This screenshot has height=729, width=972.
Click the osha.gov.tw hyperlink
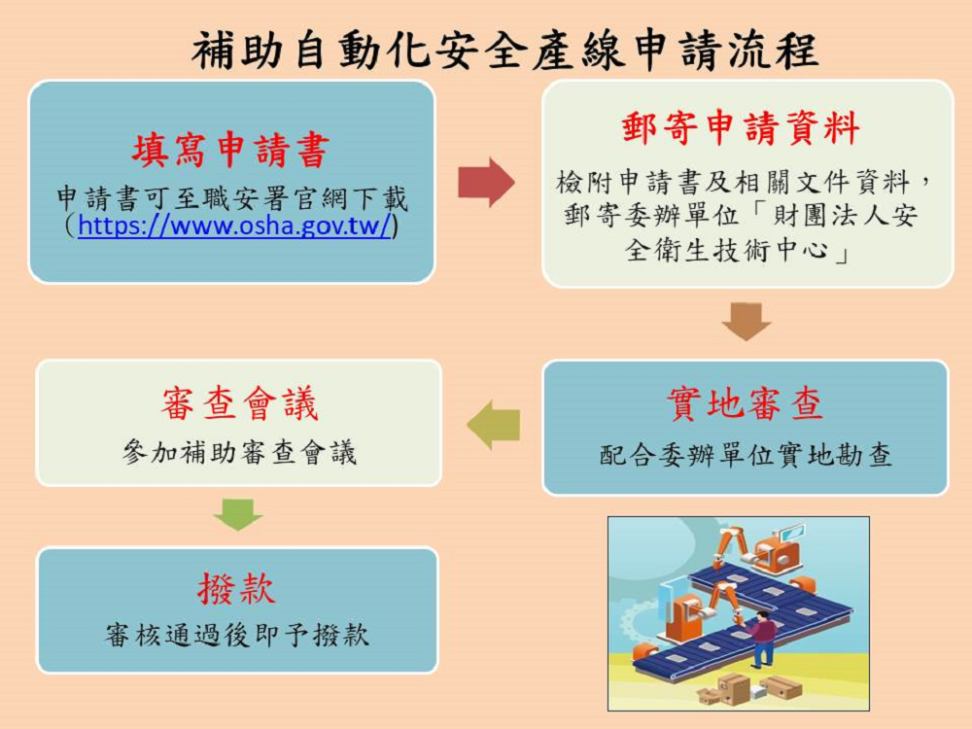(234, 226)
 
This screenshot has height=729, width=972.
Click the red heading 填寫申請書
(231, 152)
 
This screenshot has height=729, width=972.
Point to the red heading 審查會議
(239, 404)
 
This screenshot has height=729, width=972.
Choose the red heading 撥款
(236, 588)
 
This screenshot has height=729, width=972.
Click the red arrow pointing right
(486, 182)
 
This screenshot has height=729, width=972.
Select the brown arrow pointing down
(746, 321)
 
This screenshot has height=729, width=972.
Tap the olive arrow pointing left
(494, 425)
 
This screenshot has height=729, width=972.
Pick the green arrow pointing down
(238, 513)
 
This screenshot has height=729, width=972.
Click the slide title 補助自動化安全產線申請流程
(504, 51)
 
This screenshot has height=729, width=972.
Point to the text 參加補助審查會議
(239, 452)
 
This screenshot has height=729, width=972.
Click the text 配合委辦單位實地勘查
(746, 455)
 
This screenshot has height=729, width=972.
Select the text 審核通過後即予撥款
(237, 636)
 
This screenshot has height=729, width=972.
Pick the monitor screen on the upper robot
(792, 534)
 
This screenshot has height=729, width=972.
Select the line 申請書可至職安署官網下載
(232, 199)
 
